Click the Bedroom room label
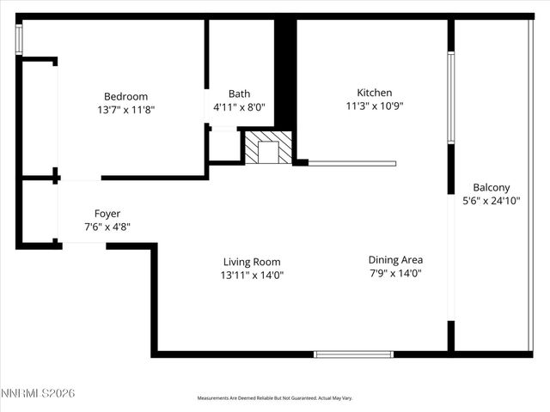coord(125,96)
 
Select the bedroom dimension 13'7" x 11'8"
coord(125,110)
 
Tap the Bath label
coord(239,94)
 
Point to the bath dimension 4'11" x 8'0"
coord(239,107)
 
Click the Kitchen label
coord(375,93)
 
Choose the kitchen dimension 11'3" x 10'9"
coord(375,106)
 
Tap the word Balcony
coord(492,187)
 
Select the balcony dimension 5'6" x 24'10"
coord(492,201)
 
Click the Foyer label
coord(107,213)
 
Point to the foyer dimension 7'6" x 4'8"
coord(107,227)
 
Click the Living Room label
coord(252,262)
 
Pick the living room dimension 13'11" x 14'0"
coord(252,276)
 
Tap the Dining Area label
coord(395,259)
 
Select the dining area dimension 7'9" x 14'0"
coord(395,273)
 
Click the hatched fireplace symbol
coord(268,148)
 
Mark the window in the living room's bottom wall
coord(353,354)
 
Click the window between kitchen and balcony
coord(449,97)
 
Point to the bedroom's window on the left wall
coord(19,39)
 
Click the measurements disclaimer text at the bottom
coord(275,397)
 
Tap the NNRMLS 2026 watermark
coord(39,392)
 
